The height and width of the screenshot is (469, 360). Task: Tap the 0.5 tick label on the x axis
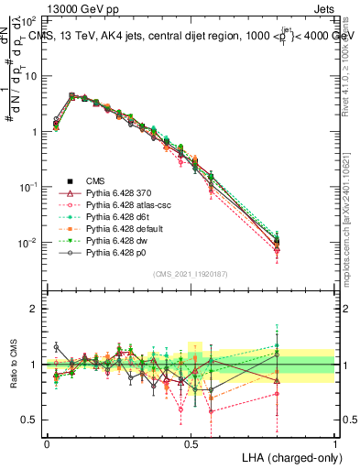tap(191, 442)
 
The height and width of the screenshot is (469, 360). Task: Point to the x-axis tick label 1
tap(335, 442)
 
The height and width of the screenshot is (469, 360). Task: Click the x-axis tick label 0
tap(47, 442)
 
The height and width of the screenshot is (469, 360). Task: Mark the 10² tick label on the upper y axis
tap(29, 19)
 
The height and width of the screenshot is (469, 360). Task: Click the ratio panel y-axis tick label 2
tap(33, 309)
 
